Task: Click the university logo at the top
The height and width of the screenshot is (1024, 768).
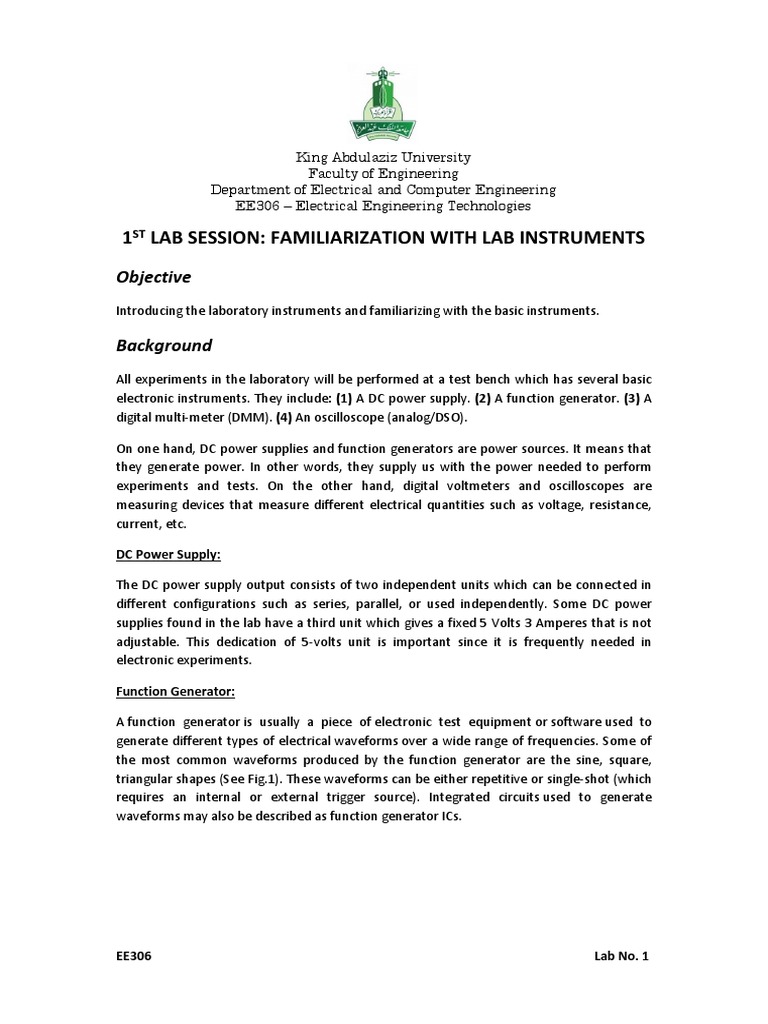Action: [x=383, y=103]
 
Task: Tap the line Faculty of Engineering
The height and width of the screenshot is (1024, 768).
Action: [x=383, y=174]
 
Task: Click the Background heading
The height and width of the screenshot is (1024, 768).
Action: [x=164, y=345]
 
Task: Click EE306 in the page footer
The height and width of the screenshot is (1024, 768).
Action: [x=135, y=957]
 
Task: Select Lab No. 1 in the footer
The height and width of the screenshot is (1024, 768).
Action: [x=621, y=957]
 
